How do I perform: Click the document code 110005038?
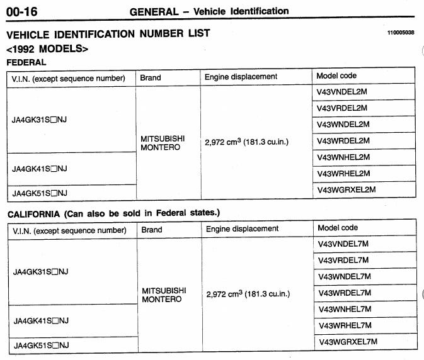401,33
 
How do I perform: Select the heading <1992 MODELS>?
47,48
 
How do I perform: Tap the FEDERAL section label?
26,62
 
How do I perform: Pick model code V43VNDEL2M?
343,92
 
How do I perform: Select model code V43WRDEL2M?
343,141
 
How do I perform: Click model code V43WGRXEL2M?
346,189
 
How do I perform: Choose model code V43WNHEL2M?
343,157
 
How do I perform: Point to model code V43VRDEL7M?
344,261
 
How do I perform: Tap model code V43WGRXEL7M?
347,342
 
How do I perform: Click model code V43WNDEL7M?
344,277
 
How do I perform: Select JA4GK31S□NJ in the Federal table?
39,120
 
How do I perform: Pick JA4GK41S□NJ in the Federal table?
39,169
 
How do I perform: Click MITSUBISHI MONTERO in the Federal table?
163,143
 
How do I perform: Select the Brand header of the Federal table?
151,77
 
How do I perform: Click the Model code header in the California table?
337,228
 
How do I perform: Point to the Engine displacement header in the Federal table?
241,77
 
